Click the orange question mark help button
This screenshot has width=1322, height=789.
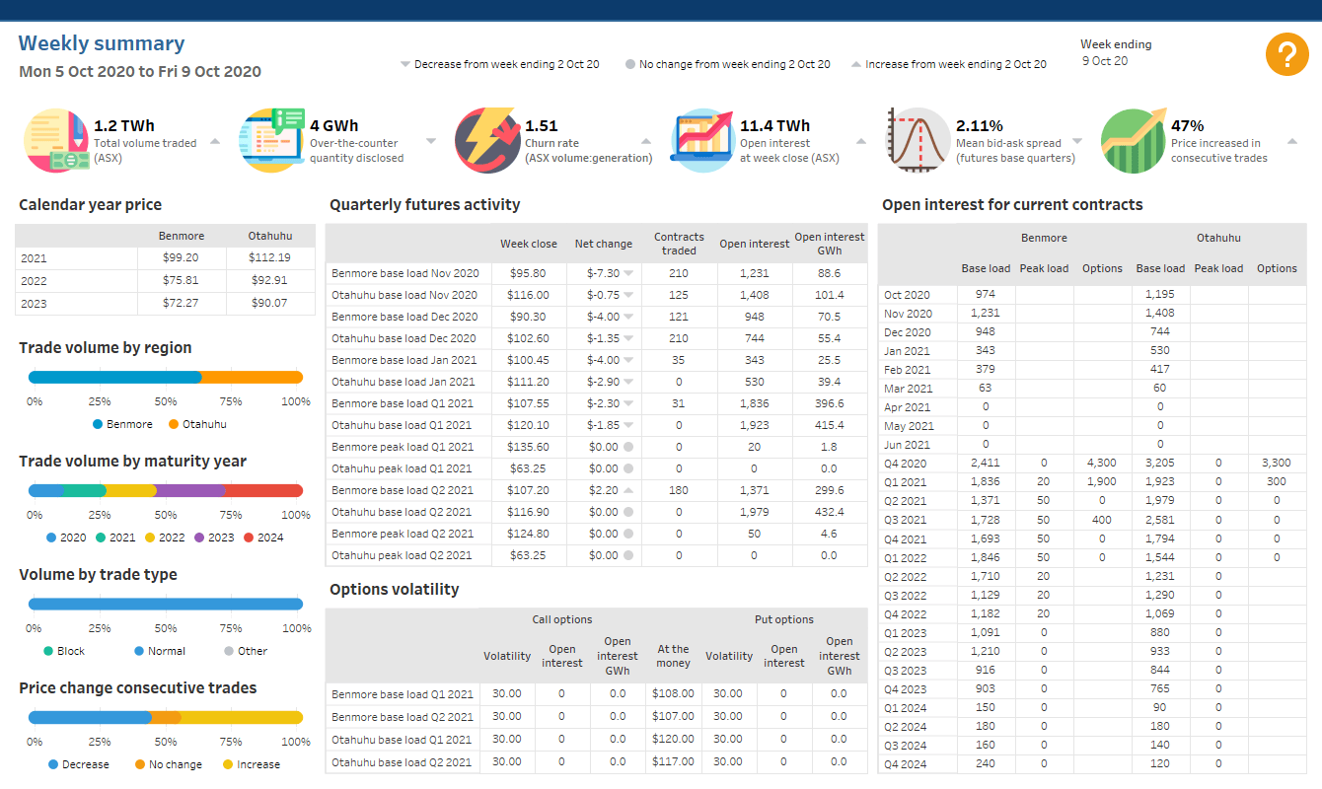pos(1286,54)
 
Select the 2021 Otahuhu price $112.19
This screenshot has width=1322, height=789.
pos(270,258)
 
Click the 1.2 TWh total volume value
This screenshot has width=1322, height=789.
pos(124,126)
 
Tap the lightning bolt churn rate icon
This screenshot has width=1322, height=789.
pos(486,140)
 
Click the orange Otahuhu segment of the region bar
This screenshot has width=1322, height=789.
pos(252,377)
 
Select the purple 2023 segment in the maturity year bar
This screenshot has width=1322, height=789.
pos(189,490)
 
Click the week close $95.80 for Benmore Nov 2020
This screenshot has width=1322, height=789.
pos(529,273)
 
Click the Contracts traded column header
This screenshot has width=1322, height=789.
pos(679,244)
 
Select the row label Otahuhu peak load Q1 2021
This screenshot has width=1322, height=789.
pos(402,468)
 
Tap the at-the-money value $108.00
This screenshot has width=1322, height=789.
pos(674,693)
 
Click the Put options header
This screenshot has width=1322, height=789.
pos(783,619)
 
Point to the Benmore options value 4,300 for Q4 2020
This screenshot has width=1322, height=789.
pos(1101,463)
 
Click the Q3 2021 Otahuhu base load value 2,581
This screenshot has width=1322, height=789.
pos(1159,520)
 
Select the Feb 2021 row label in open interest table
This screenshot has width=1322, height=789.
pos(907,370)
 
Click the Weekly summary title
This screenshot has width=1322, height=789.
pos(102,43)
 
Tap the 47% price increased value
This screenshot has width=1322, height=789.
pos(1188,126)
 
